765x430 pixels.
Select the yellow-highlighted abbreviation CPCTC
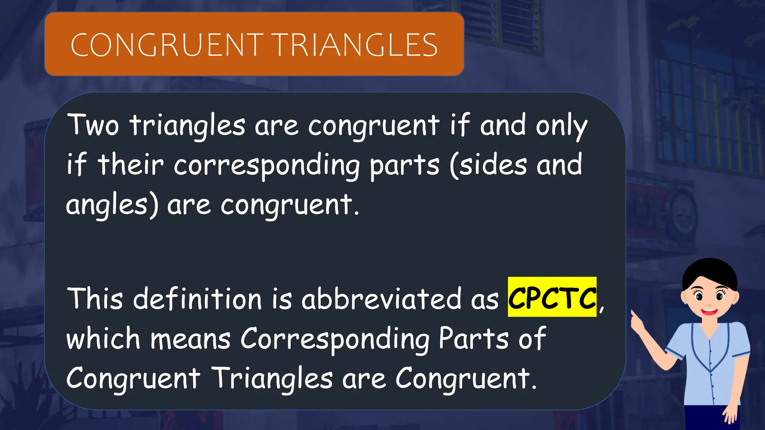pos(552,297)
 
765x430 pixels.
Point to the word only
pos(561,126)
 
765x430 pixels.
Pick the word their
pos(131,164)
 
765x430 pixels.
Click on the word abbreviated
pos(381,299)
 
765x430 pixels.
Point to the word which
pos(103,339)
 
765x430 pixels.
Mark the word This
pos(95,299)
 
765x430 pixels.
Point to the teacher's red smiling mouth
pos(708,311)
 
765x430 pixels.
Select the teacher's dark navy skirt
pos(713,417)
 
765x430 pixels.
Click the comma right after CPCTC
pos(601,308)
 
